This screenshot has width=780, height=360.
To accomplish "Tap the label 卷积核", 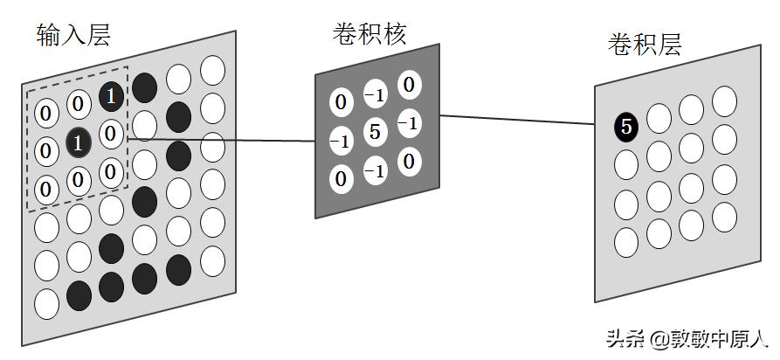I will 369,33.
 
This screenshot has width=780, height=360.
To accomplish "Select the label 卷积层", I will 644,45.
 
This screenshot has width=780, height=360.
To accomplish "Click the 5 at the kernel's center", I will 374,133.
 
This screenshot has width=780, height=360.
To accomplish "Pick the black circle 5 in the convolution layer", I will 625,128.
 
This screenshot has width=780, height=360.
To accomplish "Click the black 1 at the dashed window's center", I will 79,144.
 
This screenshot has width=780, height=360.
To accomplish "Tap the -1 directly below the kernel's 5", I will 375,171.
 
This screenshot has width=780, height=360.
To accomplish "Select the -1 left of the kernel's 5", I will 341,141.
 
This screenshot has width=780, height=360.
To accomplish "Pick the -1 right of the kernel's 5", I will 408,123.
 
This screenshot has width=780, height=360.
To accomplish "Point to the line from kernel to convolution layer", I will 515,120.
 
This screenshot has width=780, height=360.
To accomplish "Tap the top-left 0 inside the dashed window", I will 46,111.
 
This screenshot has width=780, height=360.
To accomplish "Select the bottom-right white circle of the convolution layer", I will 724,217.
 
